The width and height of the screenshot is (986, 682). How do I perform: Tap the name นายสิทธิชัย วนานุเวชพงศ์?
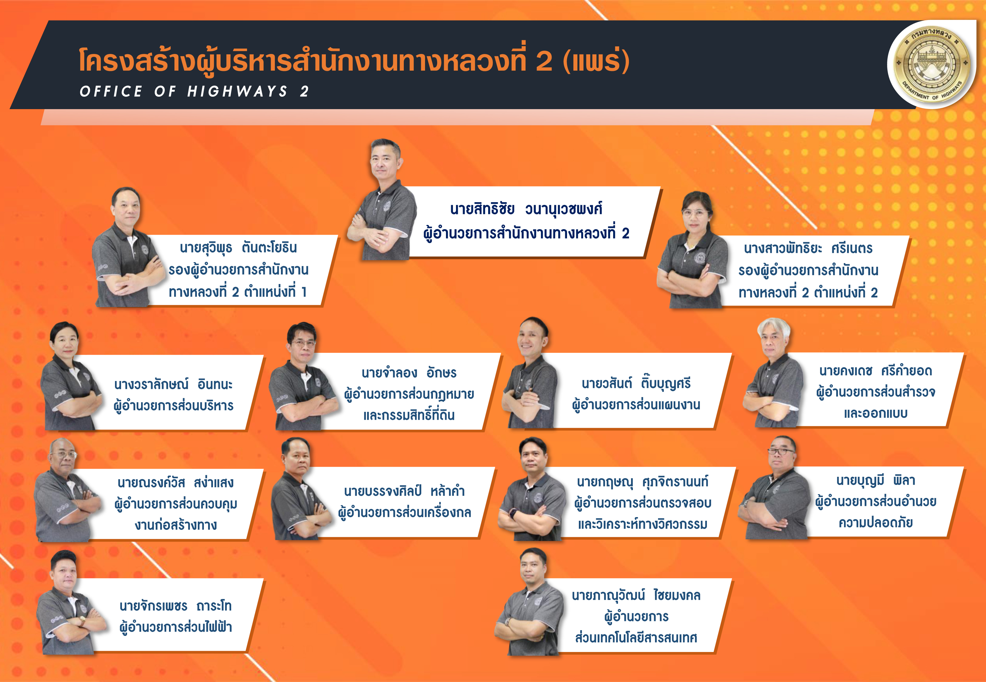[526, 209]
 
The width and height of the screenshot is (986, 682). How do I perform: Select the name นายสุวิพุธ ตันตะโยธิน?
[238, 247]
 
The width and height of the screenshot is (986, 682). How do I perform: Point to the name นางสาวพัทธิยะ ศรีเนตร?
[808, 248]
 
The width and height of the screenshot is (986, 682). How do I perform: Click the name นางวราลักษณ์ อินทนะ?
[173, 384]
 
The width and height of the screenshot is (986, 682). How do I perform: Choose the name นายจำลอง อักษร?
[409, 373]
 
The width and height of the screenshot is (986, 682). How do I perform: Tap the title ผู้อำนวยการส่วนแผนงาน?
[636, 405]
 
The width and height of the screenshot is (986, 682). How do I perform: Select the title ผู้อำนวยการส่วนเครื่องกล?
[404, 512]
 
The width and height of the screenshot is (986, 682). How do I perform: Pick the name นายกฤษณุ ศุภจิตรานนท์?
[642, 482]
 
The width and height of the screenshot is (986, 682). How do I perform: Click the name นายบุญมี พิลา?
[876, 480]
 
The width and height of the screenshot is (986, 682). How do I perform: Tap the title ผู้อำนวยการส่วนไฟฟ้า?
[175, 627]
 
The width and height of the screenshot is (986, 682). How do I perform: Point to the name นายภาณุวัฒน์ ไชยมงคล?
[636, 595]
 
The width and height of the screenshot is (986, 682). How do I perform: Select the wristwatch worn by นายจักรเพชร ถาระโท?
[81, 621]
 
